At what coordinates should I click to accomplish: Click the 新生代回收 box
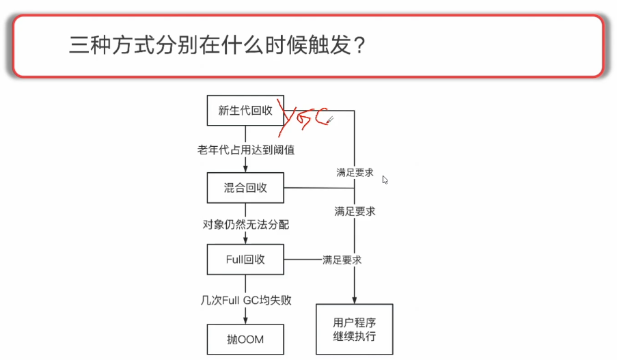pyautogui.click(x=245, y=111)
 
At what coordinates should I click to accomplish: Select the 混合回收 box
pyautogui.click(x=245, y=188)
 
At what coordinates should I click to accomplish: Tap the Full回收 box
pyautogui.click(x=245, y=260)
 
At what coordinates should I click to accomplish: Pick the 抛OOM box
pyautogui.click(x=245, y=339)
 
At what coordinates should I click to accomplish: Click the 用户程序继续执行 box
pyautogui.click(x=354, y=329)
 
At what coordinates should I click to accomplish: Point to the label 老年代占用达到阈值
pyautogui.click(x=245, y=150)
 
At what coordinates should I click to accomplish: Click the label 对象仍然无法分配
pyautogui.click(x=245, y=224)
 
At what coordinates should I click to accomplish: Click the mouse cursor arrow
pyautogui.click(x=385, y=180)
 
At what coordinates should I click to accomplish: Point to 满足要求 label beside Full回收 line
pyautogui.click(x=342, y=260)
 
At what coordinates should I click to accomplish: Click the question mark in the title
pyautogui.click(x=360, y=46)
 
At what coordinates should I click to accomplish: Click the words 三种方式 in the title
pyautogui.click(x=103, y=46)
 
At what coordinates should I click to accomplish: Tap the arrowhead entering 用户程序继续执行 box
pyautogui.click(x=354, y=300)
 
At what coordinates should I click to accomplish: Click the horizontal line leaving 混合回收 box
pyautogui.click(x=318, y=188)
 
